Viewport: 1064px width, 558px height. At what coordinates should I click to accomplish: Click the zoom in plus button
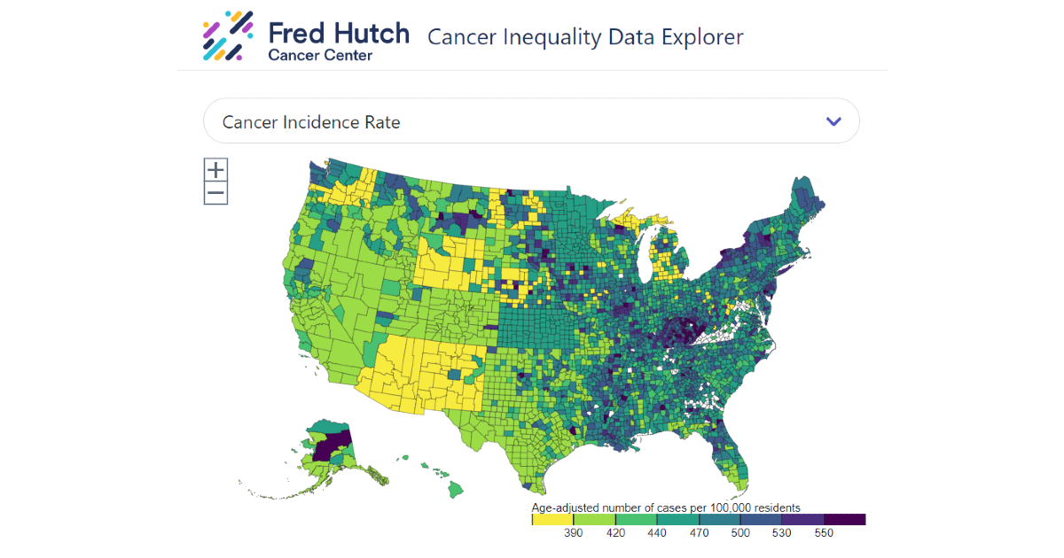click(x=215, y=170)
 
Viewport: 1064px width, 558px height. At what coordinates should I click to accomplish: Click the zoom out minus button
click(x=215, y=193)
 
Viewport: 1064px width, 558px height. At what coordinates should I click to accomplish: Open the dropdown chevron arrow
click(x=833, y=121)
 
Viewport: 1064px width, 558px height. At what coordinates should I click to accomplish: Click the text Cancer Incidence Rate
click(x=311, y=122)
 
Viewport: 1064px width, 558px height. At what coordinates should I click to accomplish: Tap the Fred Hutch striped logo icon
click(x=228, y=35)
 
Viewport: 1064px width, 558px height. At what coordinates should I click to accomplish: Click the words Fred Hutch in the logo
click(x=339, y=33)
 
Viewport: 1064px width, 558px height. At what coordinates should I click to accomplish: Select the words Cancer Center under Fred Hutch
click(x=320, y=56)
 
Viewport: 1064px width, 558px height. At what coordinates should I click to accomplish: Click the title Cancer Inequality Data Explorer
click(x=585, y=36)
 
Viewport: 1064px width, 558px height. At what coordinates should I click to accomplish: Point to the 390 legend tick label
click(x=574, y=533)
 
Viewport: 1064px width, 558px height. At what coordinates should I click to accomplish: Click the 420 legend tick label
click(x=615, y=533)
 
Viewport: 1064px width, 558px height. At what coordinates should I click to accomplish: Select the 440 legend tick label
click(x=657, y=533)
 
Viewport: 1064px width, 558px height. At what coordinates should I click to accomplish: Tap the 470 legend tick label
click(x=699, y=533)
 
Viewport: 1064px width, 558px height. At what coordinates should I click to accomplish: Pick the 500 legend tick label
click(x=740, y=533)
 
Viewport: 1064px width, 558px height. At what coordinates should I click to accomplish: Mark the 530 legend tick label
click(x=782, y=533)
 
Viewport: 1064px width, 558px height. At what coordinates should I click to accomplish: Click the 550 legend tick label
click(x=824, y=533)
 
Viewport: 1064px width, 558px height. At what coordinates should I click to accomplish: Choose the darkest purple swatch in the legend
click(x=844, y=519)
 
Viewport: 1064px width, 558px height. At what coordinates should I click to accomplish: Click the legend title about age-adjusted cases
click(x=666, y=508)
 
